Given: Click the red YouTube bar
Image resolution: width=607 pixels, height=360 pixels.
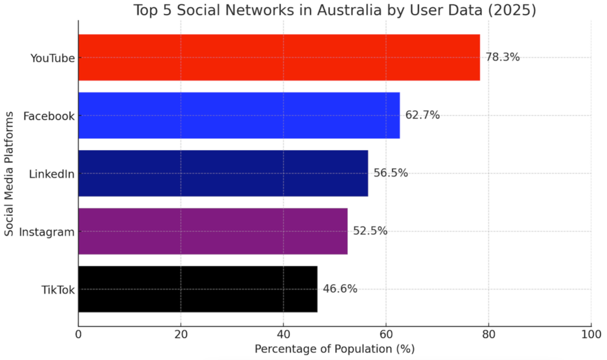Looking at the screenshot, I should [279, 58].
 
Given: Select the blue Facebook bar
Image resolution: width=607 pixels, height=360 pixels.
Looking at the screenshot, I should [239, 115].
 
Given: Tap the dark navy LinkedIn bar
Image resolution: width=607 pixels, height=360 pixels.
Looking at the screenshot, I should [223, 173].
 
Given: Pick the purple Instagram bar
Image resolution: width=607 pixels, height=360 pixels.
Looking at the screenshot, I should [213, 231].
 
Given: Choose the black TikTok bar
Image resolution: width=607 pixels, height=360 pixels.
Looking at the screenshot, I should [197, 289].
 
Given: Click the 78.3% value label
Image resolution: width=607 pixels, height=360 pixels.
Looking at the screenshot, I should [503, 58].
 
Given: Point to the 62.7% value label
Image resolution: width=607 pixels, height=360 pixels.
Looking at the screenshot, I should [423, 115].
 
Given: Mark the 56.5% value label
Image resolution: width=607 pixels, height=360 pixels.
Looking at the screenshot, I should [391, 173].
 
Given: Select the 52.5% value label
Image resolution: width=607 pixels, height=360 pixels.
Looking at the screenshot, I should [370, 231].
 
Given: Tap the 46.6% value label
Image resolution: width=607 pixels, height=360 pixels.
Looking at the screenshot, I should [340, 289].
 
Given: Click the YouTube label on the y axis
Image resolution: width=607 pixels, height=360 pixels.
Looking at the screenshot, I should [52, 58].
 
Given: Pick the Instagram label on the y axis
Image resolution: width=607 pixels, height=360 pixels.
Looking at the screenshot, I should [47, 231].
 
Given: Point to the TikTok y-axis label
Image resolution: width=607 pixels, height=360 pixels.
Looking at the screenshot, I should [58, 289].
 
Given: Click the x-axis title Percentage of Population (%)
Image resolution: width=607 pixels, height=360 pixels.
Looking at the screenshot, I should [334, 349].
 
